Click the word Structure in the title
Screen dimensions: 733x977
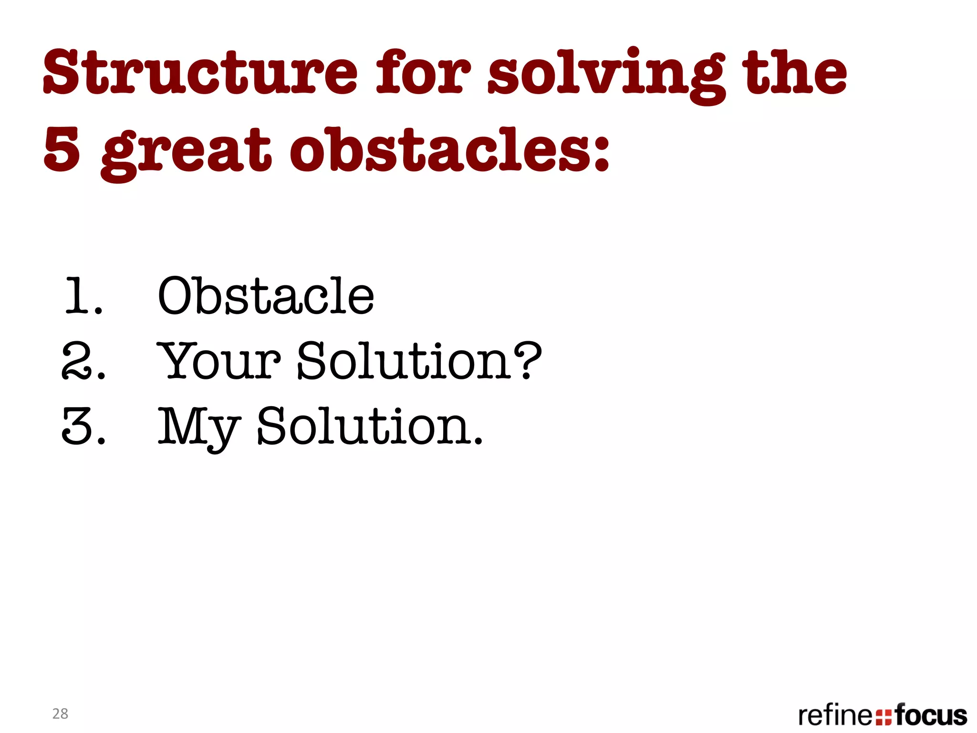pos(200,73)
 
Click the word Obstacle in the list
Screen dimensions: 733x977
pos(266,296)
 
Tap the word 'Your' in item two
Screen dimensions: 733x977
pos(219,361)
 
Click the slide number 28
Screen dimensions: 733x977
pos(60,713)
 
